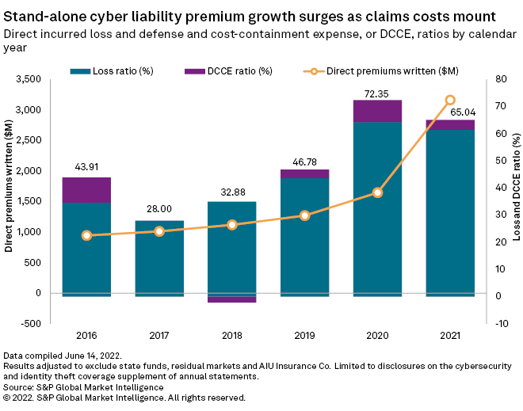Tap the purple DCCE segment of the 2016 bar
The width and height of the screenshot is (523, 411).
(x=86, y=189)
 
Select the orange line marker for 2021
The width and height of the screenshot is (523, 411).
(x=450, y=100)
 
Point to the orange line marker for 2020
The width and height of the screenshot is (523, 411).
(x=377, y=192)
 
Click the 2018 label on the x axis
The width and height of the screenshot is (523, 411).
(x=232, y=335)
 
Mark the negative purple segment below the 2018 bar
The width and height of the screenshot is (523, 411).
(x=232, y=299)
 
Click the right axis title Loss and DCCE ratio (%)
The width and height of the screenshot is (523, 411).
(x=516, y=201)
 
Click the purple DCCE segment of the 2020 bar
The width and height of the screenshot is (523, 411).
(x=377, y=111)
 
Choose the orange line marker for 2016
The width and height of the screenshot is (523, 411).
(x=86, y=235)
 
